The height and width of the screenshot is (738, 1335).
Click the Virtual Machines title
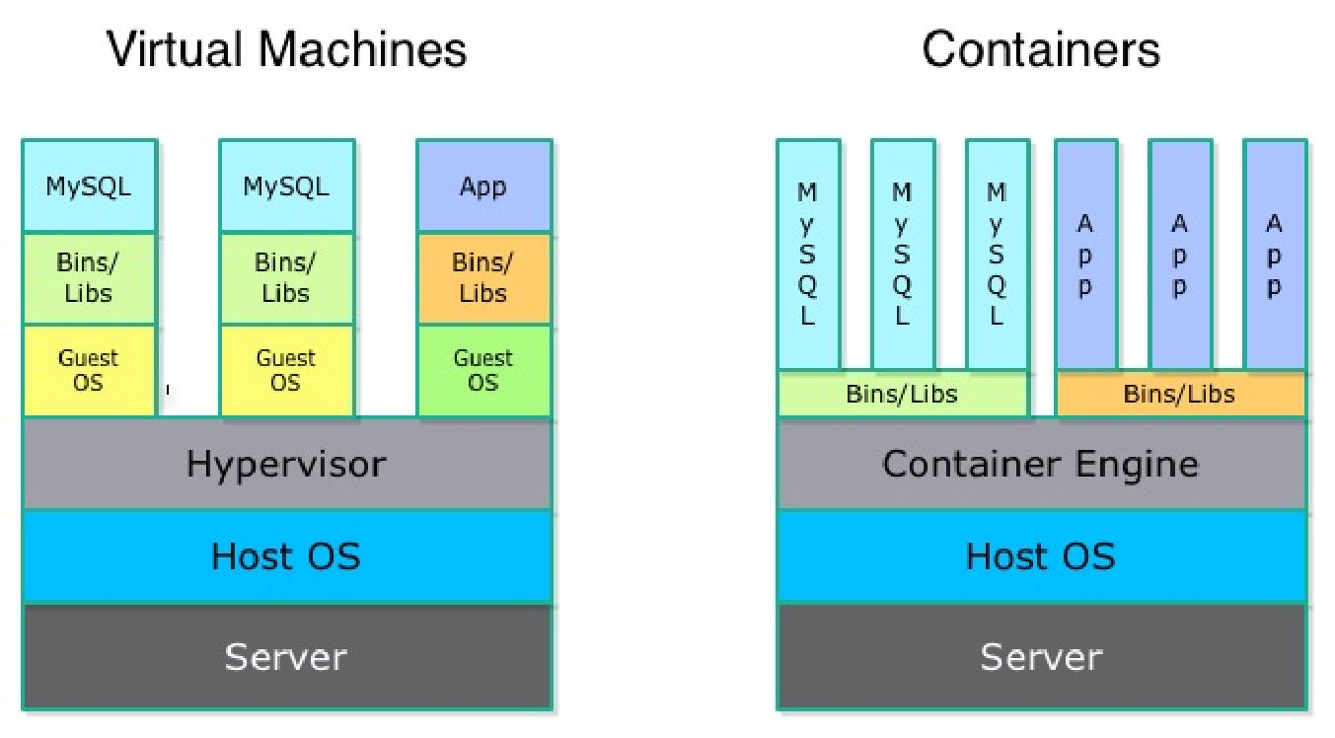coord(287,49)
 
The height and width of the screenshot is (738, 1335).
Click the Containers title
coord(1041,49)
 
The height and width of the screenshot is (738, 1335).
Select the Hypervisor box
coord(287,464)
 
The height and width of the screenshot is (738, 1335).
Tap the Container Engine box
coord(1042,464)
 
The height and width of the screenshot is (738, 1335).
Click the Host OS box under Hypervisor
coord(287,556)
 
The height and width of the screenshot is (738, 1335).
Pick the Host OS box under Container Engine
coord(1042,556)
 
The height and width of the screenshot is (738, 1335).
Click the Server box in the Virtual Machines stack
coord(287,656)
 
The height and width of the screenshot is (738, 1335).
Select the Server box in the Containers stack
coord(1042,656)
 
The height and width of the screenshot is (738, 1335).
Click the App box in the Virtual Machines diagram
coord(483,186)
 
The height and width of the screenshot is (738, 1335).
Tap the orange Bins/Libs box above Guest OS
coord(483,278)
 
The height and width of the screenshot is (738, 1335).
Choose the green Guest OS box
coord(483,371)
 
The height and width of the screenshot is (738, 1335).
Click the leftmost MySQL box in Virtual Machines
coord(90,186)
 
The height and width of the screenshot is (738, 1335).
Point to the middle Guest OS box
coord(287,371)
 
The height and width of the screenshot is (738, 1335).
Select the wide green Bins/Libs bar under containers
coord(904,394)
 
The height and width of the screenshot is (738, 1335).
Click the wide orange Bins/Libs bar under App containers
coord(1181,394)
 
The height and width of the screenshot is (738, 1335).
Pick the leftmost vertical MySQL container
coord(809,256)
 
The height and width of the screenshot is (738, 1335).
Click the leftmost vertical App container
coord(1086,256)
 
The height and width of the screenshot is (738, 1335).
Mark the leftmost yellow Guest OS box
coord(90,371)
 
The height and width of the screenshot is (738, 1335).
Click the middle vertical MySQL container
coord(904,256)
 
